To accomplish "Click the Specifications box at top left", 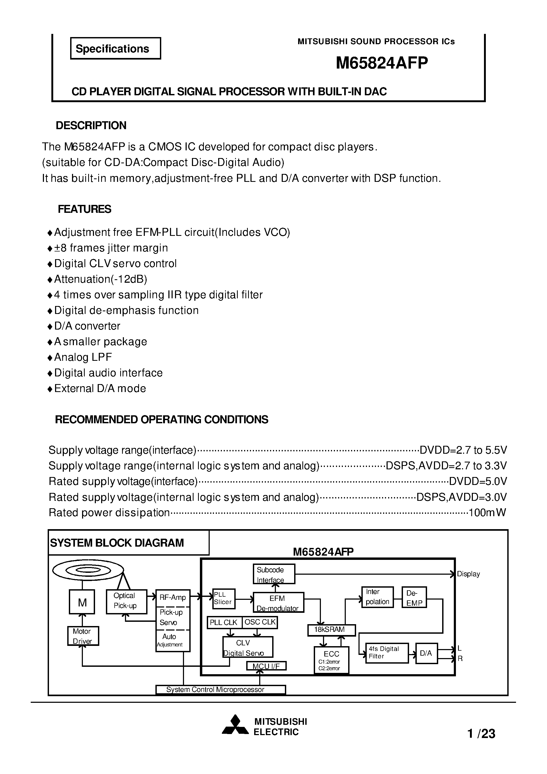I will click(x=115, y=48).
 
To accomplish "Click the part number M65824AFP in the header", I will click(x=382, y=63).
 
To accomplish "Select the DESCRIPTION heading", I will click(x=91, y=125).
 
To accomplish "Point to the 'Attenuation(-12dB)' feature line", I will click(x=101, y=279).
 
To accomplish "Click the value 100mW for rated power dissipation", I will click(x=487, y=513).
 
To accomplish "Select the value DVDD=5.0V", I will click(x=478, y=481).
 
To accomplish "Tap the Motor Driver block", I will click(x=83, y=636).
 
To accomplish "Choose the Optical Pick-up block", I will click(x=126, y=602).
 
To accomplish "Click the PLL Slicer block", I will click(x=223, y=599).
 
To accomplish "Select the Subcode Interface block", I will click(x=274, y=574).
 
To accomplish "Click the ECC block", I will click(x=331, y=660).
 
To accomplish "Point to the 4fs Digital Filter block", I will click(x=387, y=653).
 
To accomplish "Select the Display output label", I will click(x=468, y=574).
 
